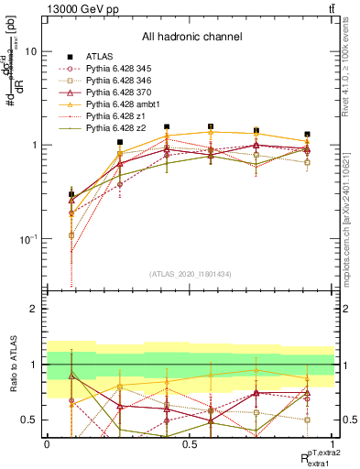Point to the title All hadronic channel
191,37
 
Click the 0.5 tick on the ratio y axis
31,420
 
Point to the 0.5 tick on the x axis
190,443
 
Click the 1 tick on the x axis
333,443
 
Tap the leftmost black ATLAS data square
71,194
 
